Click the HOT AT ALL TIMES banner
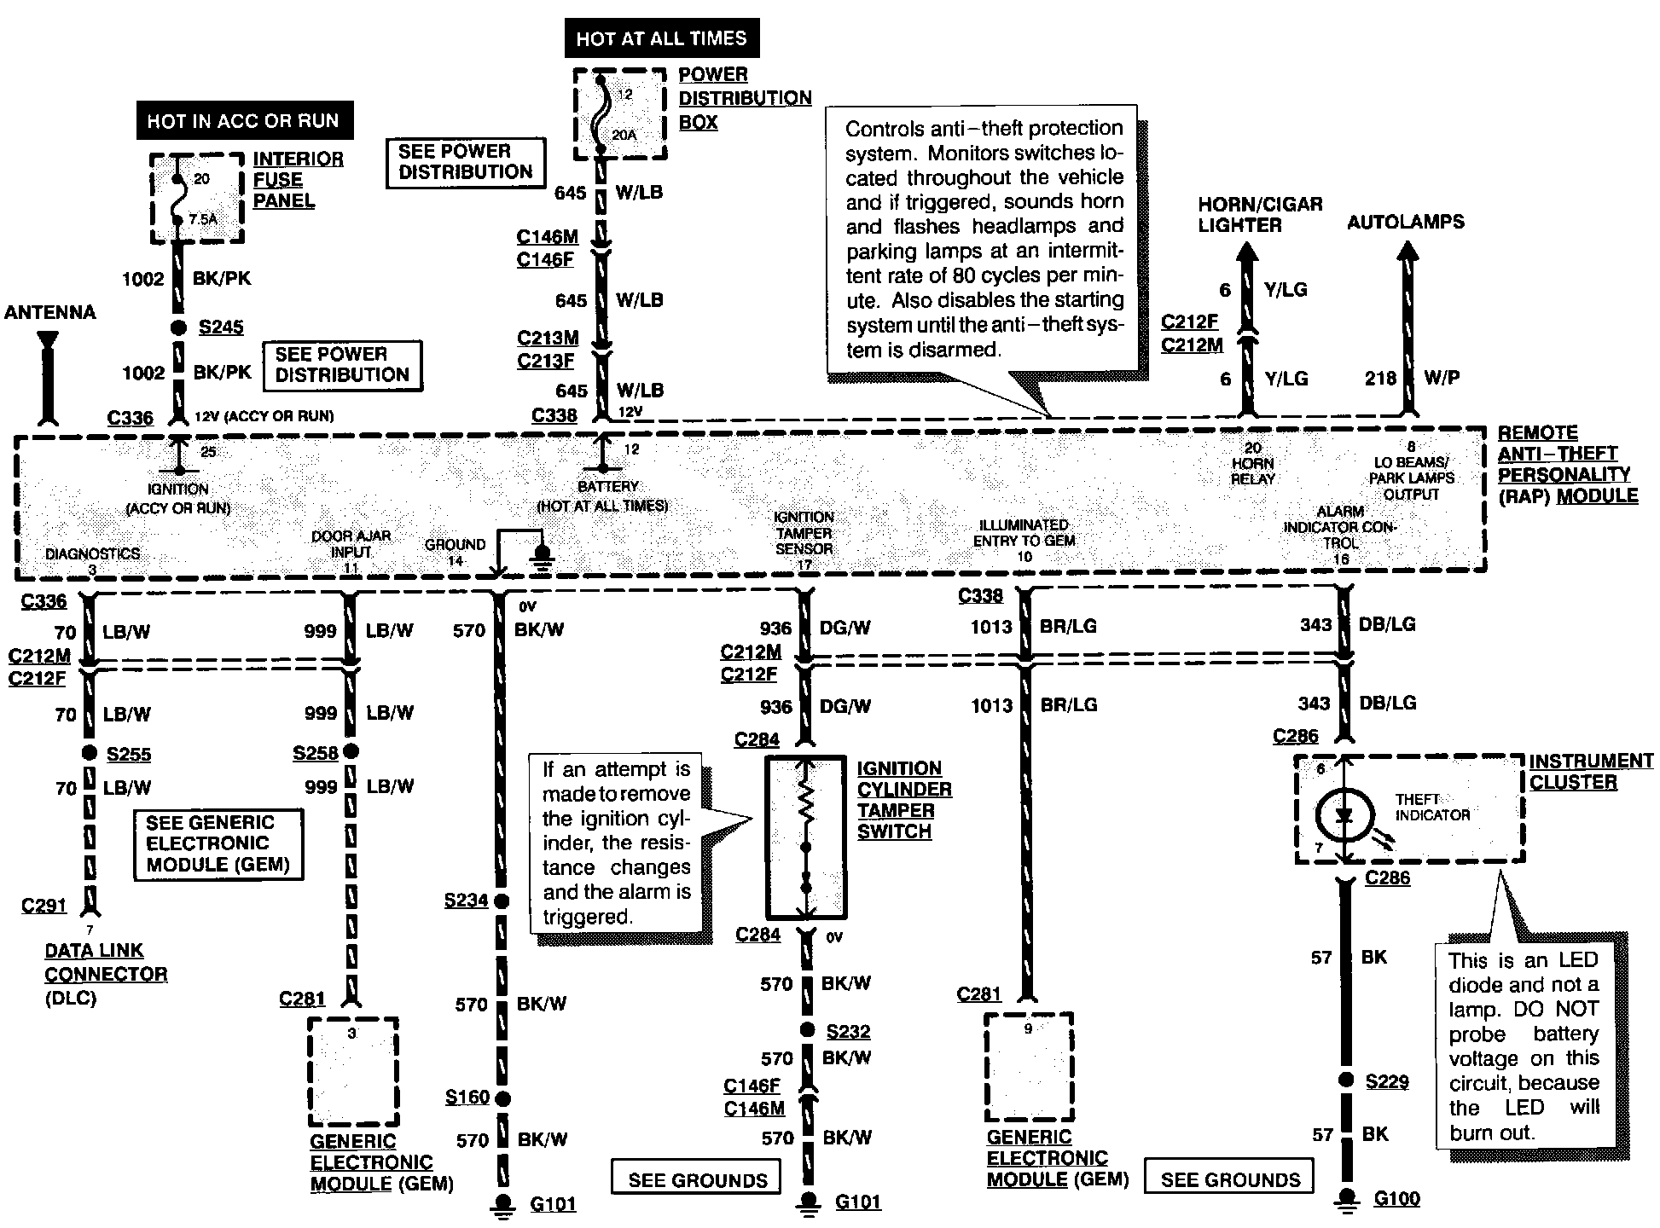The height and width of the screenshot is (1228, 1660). (x=661, y=38)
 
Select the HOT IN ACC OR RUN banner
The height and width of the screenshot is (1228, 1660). (x=243, y=120)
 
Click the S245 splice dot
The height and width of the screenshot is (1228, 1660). (x=178, y=327)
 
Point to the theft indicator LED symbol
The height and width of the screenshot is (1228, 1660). (x=1344, y=815)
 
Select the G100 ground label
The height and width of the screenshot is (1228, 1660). (x=1396, y=1199)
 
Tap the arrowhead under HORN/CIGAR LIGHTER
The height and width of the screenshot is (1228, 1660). (x=1248, y=252)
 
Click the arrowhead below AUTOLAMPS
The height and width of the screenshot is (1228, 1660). (x=1408, y=252)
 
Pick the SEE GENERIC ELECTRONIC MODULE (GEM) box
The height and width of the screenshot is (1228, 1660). (x=218, y=843)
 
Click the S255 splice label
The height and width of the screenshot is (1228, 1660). (x=129, y=755)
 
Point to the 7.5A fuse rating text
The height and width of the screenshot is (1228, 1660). (x=203, y=219)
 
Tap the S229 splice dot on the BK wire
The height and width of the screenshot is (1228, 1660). (x=1346, y=1080)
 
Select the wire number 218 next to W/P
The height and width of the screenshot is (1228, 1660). (x=1379, y=378)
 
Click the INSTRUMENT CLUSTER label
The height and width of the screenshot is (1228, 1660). (x=1591, y=771)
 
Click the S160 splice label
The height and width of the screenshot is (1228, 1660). (x=467, y=1098)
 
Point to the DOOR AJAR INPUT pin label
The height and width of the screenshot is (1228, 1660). (x=351, y=543)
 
